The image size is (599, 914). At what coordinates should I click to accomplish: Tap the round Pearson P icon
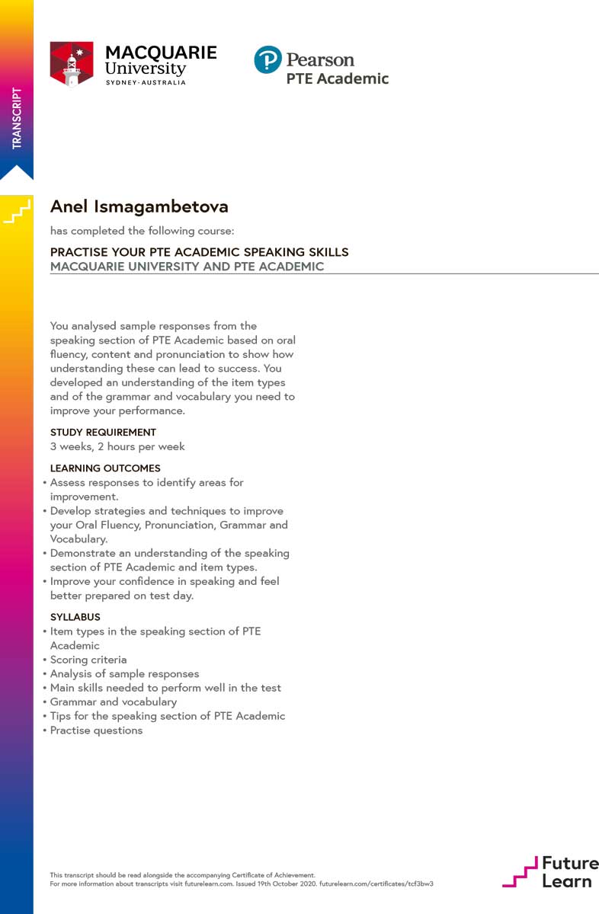[267, 60]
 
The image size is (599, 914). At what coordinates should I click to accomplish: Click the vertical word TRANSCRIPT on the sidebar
[17, 118]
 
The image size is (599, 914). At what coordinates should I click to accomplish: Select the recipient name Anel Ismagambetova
[139, 206]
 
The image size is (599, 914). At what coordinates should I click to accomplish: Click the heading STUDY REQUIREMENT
[103, 433]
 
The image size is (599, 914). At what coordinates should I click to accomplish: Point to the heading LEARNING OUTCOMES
[105, 468]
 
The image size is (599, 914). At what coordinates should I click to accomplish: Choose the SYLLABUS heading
[75, 617]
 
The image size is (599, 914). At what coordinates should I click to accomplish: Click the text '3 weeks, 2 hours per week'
[117, 446]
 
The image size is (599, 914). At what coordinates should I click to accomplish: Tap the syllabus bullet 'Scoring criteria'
[88, 660]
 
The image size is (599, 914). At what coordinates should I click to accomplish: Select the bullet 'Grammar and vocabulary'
[113, 701]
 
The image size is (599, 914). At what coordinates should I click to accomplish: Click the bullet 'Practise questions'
[96, 730]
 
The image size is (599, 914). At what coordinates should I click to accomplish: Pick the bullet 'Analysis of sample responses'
[124, 673]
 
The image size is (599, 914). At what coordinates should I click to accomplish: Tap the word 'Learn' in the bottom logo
[566, 880]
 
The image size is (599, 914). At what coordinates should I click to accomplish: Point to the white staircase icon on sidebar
[17, 213]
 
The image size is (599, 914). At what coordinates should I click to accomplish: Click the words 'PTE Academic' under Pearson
[337, 78]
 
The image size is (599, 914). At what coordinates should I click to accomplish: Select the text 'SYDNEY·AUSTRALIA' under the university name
[145, 82]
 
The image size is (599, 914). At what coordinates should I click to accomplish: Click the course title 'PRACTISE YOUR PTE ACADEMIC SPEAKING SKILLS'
[199, 252]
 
